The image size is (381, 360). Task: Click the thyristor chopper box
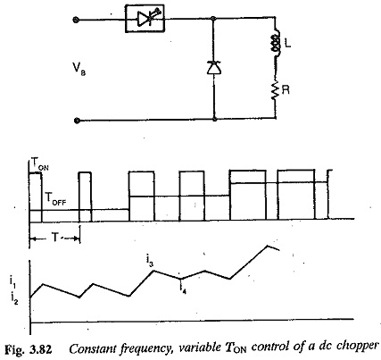point(145,19)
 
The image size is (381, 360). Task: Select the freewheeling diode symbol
point(214,67)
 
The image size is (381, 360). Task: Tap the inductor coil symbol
point(276,43)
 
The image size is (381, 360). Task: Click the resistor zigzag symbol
point(276,89)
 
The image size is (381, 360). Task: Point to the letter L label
point(287,44)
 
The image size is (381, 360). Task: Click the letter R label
point(286,90)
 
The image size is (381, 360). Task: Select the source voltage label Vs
point(79,70)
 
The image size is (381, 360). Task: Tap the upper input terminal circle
point(76,20)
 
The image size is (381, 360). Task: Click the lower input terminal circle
point(77,121)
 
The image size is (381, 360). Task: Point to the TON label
point(40,163)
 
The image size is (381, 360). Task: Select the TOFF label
point(55,198)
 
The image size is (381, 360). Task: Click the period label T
point(55,238)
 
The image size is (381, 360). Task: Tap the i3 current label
point(150,261)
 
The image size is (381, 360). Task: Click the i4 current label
point(183,289)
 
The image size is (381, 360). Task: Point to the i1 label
point(13,283)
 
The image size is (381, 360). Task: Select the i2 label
point(14,298)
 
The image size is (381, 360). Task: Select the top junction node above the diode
point(213,19)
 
